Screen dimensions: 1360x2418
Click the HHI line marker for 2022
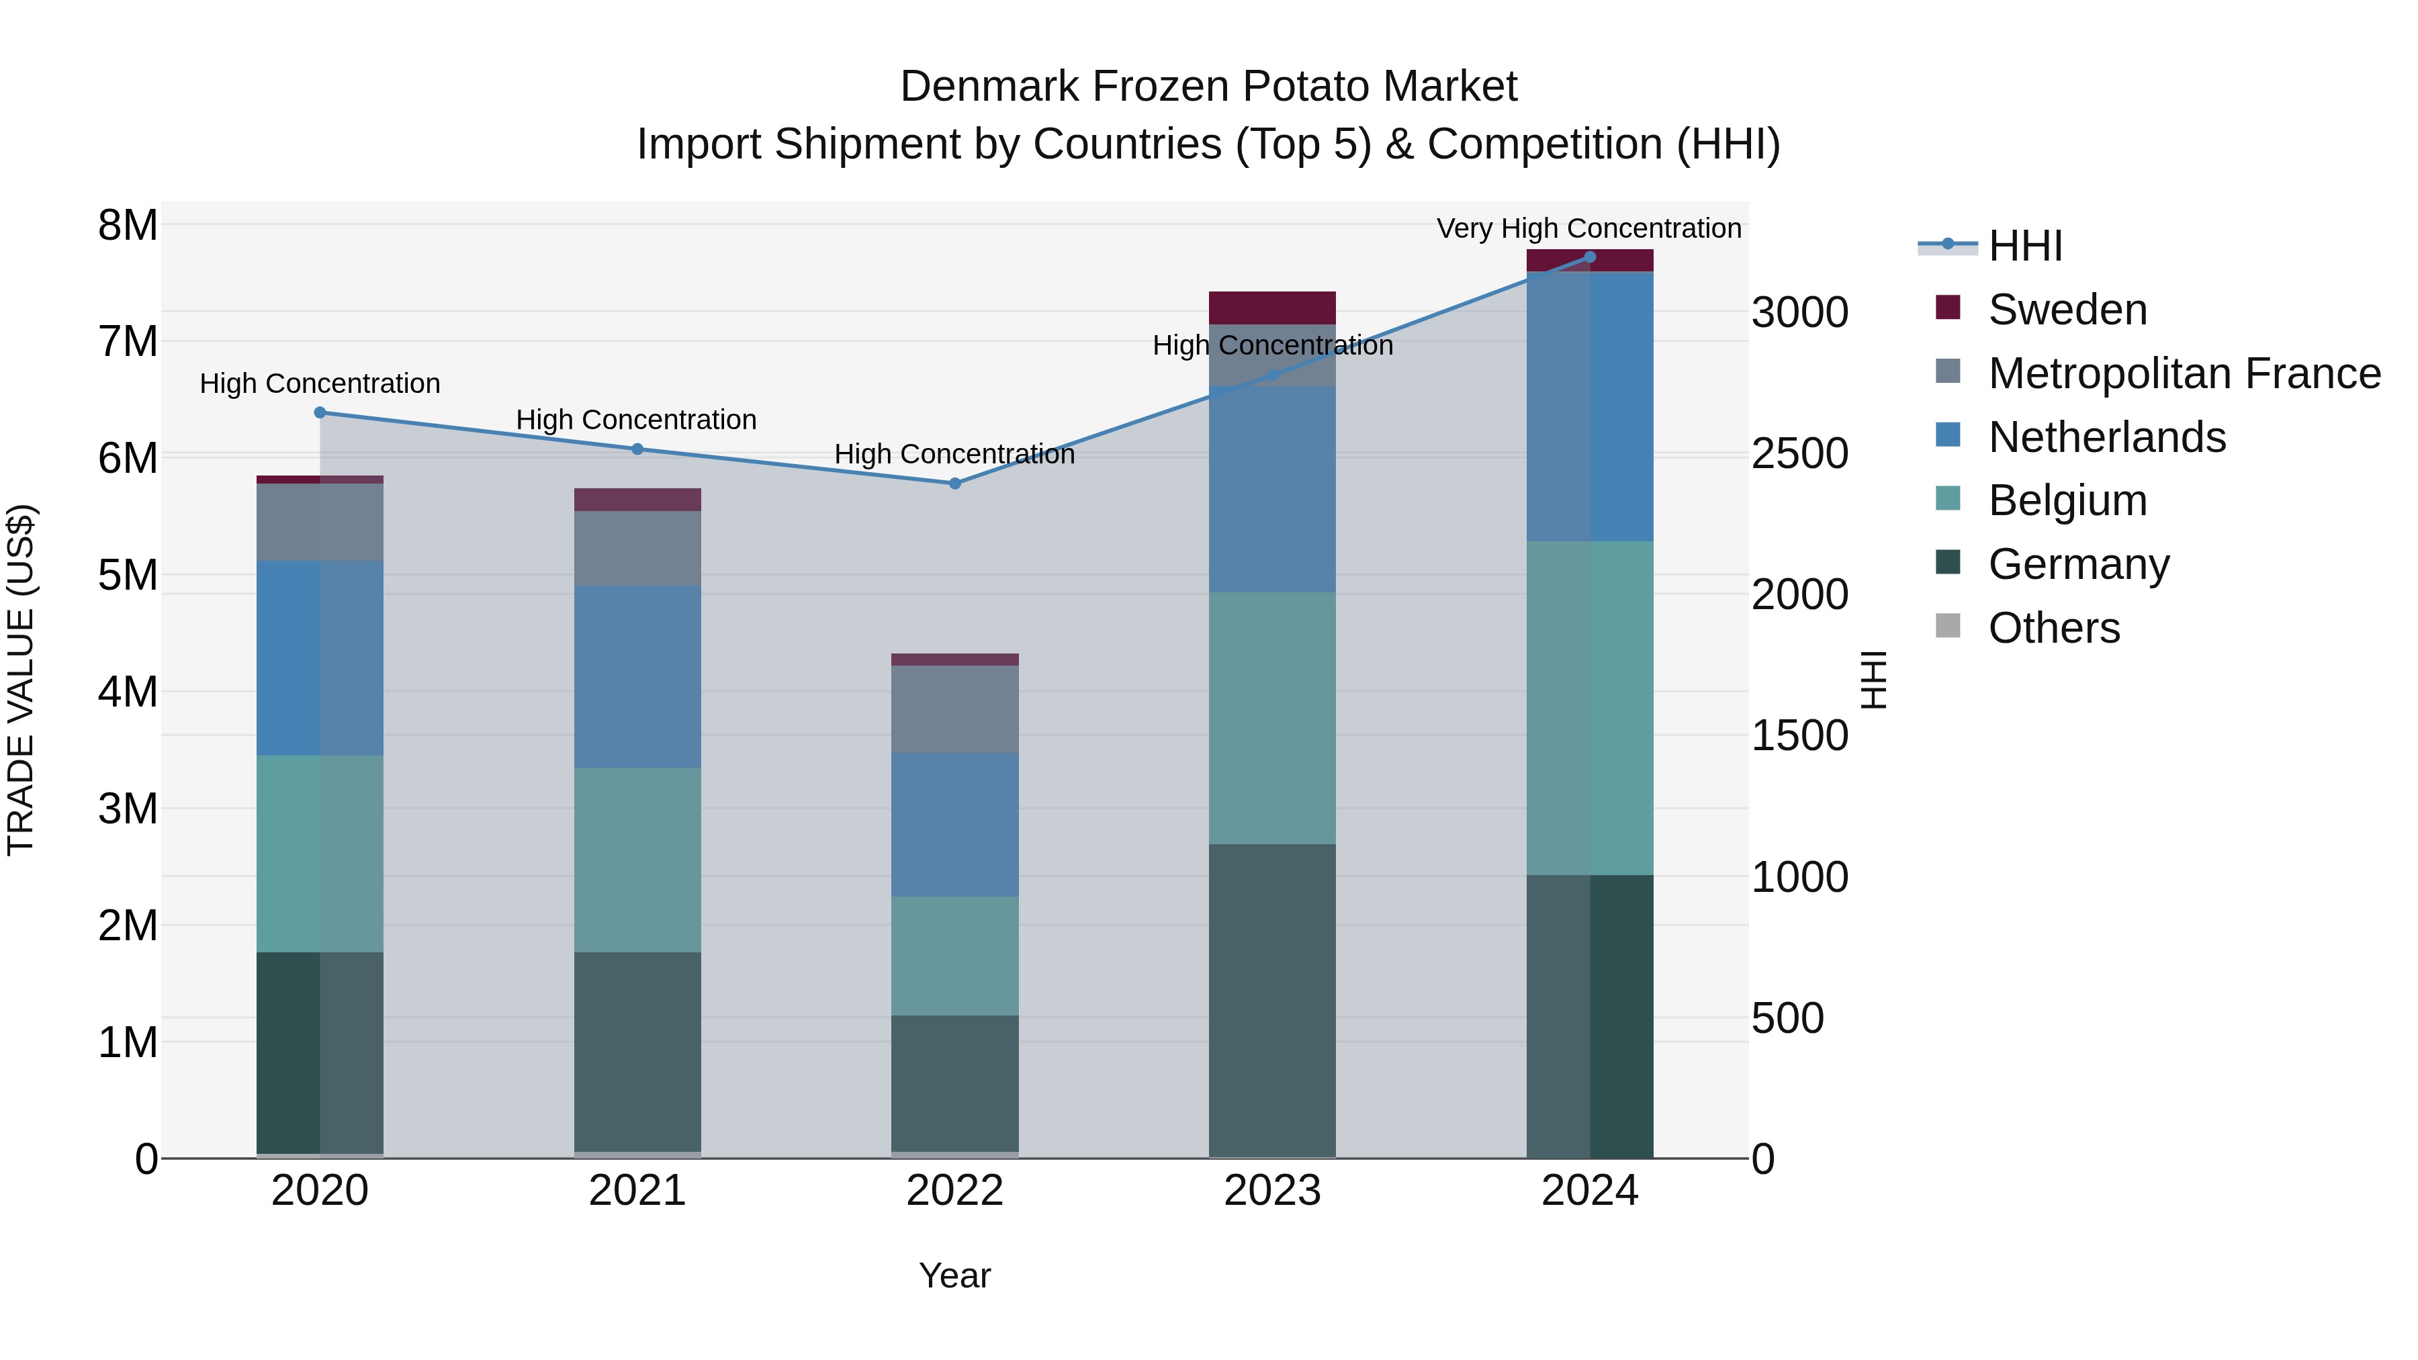pos(954,484)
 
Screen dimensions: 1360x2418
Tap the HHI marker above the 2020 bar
pos(320,412)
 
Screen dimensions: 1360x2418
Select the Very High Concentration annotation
pos(1588,228)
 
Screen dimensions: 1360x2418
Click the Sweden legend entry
pos(2067,310)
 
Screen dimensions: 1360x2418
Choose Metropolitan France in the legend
pos(2184,373)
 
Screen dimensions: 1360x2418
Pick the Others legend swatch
pos(1948,626)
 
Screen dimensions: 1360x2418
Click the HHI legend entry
pos(2024,246)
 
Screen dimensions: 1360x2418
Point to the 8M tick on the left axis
pos(128,225)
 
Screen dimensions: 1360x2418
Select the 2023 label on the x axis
pos(1272,1191)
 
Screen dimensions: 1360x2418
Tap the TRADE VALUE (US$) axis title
pos(21,680)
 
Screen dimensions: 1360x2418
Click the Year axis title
pos(954,1275)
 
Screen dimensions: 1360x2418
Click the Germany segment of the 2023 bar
pos(1272,999)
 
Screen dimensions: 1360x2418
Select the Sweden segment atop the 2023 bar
pos(1272,308)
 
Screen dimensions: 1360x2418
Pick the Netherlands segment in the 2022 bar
pos(954,824)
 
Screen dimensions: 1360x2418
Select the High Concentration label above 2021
pos(637,420)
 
